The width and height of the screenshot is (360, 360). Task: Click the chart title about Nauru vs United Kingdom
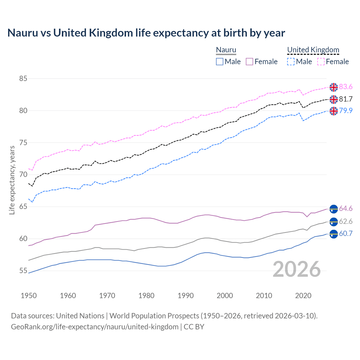(146, 33)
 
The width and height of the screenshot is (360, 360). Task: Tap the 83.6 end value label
(346, 87)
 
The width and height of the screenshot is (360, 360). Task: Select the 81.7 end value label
(346, 99)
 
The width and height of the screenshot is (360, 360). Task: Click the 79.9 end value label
(346, 111)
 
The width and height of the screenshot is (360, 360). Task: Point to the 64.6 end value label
(346, 208)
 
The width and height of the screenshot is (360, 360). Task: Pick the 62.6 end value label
(346, 222)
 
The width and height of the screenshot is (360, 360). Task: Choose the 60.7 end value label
(346, 233)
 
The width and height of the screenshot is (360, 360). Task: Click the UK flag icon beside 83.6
(334, 87)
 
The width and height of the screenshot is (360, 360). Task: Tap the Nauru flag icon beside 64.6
(334, 209)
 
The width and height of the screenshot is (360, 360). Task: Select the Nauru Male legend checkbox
(220, 62)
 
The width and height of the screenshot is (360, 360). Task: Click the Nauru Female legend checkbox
(249, 62)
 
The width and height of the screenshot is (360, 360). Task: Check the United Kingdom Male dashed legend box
(291, 62)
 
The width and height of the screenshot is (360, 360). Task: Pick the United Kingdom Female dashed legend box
(321, 62)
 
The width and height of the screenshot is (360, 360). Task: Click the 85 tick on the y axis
(23, 78)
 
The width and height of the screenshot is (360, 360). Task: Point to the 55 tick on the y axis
(23, 271)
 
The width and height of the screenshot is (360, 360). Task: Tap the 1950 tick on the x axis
(29, 296)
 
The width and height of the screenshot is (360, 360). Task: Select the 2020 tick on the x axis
(303, 296)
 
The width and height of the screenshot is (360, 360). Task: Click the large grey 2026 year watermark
(297, 269)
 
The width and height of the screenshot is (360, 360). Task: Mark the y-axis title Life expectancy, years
(12, 180)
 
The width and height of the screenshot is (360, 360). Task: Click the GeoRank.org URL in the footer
(94, 327)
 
